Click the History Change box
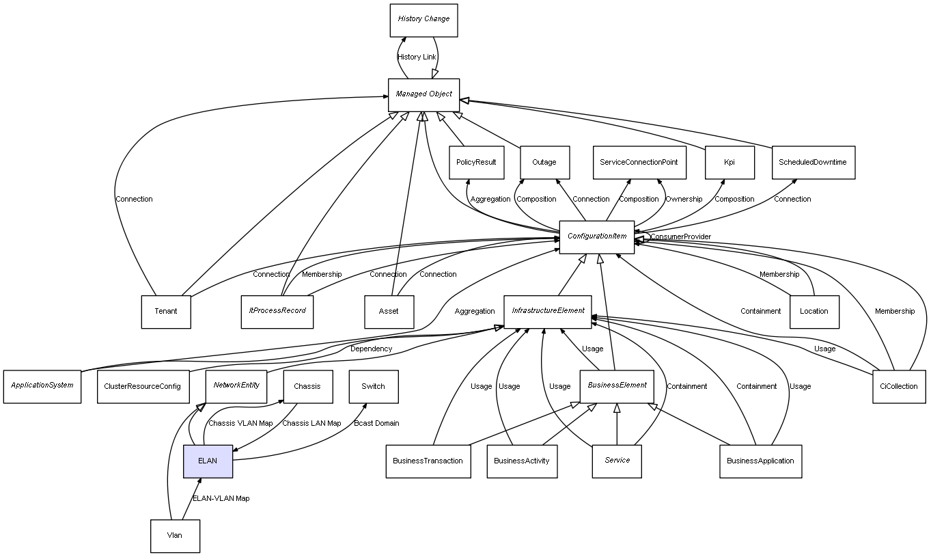click(423, 20)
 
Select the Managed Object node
click(423, 94)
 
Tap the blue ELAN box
click(208, 461)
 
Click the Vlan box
click(175, 536)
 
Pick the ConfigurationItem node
click(596, 236)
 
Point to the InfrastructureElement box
click(548, 311)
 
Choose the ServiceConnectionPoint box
click(638, 163)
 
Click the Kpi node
click(729, 163)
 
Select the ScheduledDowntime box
click(813, 163)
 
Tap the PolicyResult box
click(476, 163)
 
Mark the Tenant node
click(165, 312)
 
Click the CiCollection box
click(898, 386)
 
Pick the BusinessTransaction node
click(428, 461)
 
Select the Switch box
click(373, 386)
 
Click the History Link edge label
click(417, 57)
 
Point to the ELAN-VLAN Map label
click(221, 499)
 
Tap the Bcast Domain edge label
click(376, 424)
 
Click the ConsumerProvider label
click(680, 237)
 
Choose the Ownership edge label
click(684, 200)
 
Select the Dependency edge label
click(371, 349)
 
